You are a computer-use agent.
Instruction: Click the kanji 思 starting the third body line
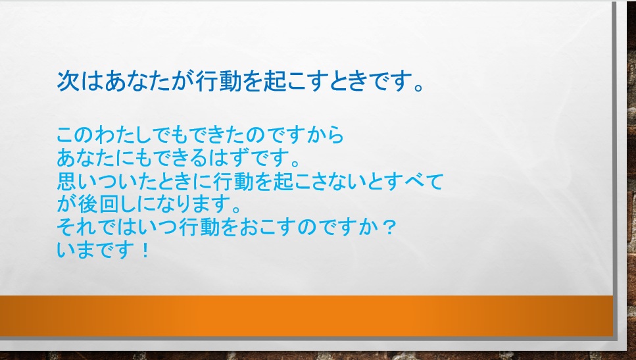point(66,181)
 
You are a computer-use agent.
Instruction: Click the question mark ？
point(389,227)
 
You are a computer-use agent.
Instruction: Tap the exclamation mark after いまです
point(145,249)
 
